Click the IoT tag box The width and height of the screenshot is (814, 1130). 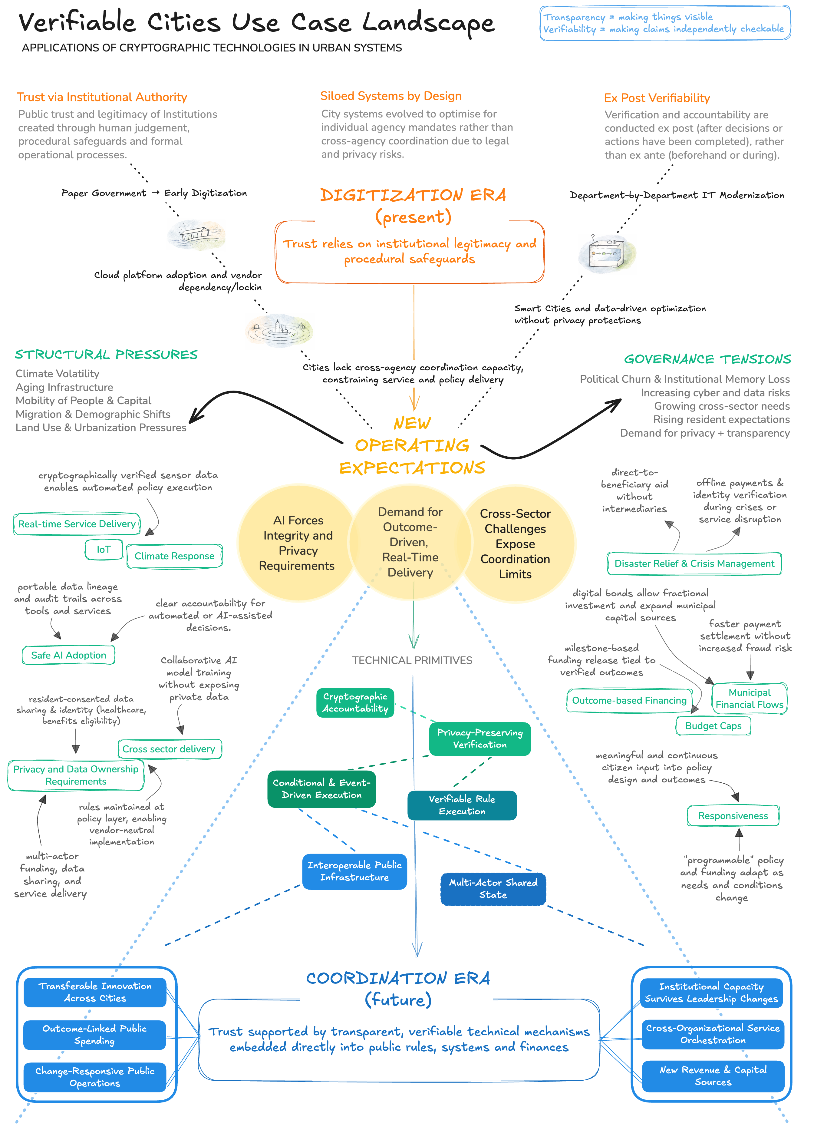104,550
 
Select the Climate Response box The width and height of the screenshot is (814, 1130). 174,556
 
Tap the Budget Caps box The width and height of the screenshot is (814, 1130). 713,726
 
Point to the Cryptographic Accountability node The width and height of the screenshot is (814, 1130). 355,702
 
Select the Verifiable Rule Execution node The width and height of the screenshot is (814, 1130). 462,805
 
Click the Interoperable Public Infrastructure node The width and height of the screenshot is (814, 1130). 354,871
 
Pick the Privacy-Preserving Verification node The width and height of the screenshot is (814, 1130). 480,739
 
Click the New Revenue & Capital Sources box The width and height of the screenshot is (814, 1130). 713,1076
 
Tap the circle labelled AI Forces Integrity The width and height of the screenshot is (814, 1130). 297,543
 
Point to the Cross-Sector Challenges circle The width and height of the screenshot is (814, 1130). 515,544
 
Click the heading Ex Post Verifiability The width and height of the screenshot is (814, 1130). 657,98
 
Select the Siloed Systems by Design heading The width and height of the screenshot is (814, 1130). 391,96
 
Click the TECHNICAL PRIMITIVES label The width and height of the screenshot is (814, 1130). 412,660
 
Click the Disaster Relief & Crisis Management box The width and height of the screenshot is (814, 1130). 694,563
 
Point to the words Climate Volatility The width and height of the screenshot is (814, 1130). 57,374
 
